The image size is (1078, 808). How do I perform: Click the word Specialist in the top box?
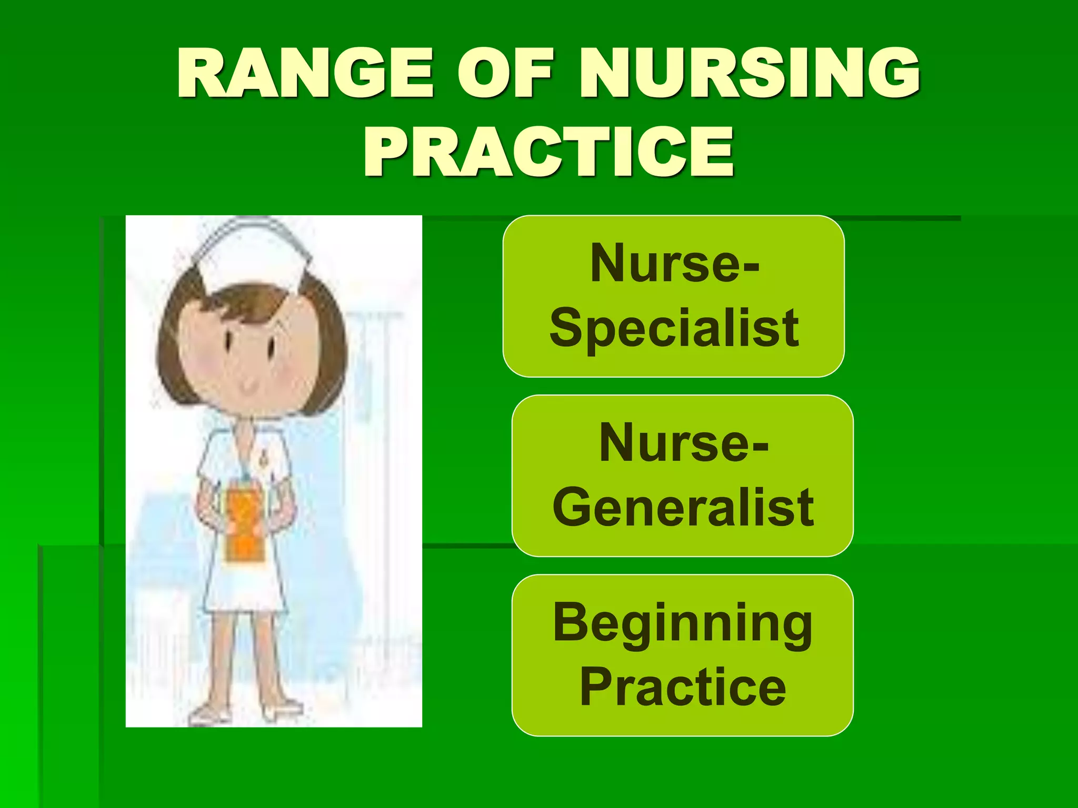pos(674,329)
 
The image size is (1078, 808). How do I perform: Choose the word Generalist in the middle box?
pos(683,508)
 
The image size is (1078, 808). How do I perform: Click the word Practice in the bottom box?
pos(683,687)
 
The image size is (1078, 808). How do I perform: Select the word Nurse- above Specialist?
pos(674,263)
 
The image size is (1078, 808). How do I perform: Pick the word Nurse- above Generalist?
pos(683,443)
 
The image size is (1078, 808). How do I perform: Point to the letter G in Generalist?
pos(571,507)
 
